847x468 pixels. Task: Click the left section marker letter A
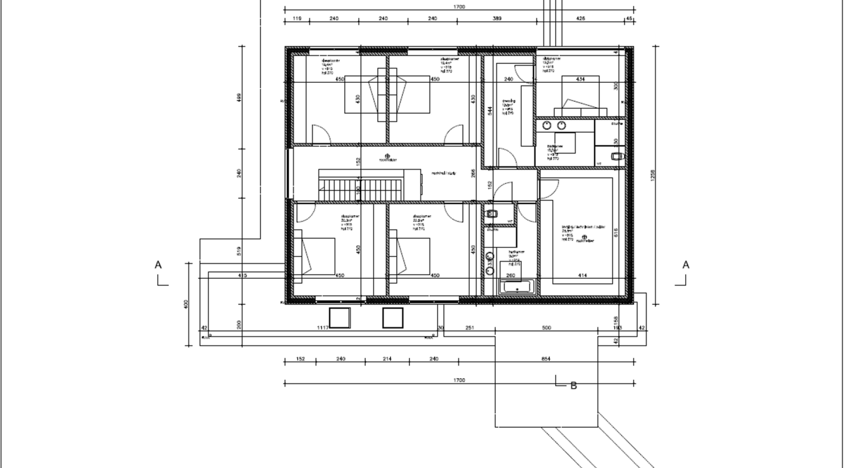(x=158, y=265)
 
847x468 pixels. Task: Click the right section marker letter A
(x=686, y=265)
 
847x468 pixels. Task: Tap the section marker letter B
(x=573, y=386)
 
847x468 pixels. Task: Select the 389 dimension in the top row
(x=496, y=19)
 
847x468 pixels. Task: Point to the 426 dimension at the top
(x=581, y=19)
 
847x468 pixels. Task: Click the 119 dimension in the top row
(x=296, y=19)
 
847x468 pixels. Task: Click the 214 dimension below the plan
(x=386, y=359)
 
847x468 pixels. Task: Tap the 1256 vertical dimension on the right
(x=652, y=176)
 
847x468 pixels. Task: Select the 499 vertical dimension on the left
(x=239, y=98)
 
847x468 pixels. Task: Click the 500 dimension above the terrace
(x=546, y=327)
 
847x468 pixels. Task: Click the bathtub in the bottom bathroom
(x=517, y=288)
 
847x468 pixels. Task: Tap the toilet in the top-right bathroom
(x=616, y=156)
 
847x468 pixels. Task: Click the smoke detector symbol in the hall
(x=387, y=156)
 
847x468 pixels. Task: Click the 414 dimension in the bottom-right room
(x=582, y=275)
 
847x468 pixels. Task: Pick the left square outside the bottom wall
(x=339, y=317)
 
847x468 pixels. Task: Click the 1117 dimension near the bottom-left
(x=322, y=327)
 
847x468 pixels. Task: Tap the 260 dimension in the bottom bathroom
(x=510, y=275)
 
